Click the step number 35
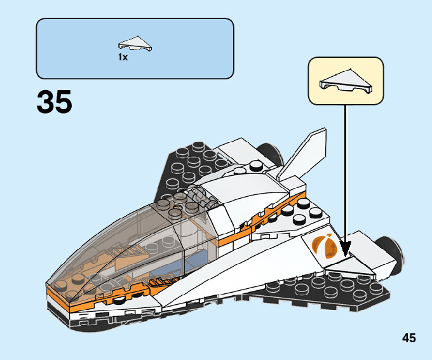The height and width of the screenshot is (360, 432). [x=55, y=102]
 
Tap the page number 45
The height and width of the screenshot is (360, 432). [x=408, y=338]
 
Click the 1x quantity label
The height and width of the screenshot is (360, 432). [x=123, y=57]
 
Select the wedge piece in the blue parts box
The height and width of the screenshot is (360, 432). [x=135, y=44]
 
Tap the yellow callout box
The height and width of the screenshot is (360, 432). [x=346, y=80]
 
